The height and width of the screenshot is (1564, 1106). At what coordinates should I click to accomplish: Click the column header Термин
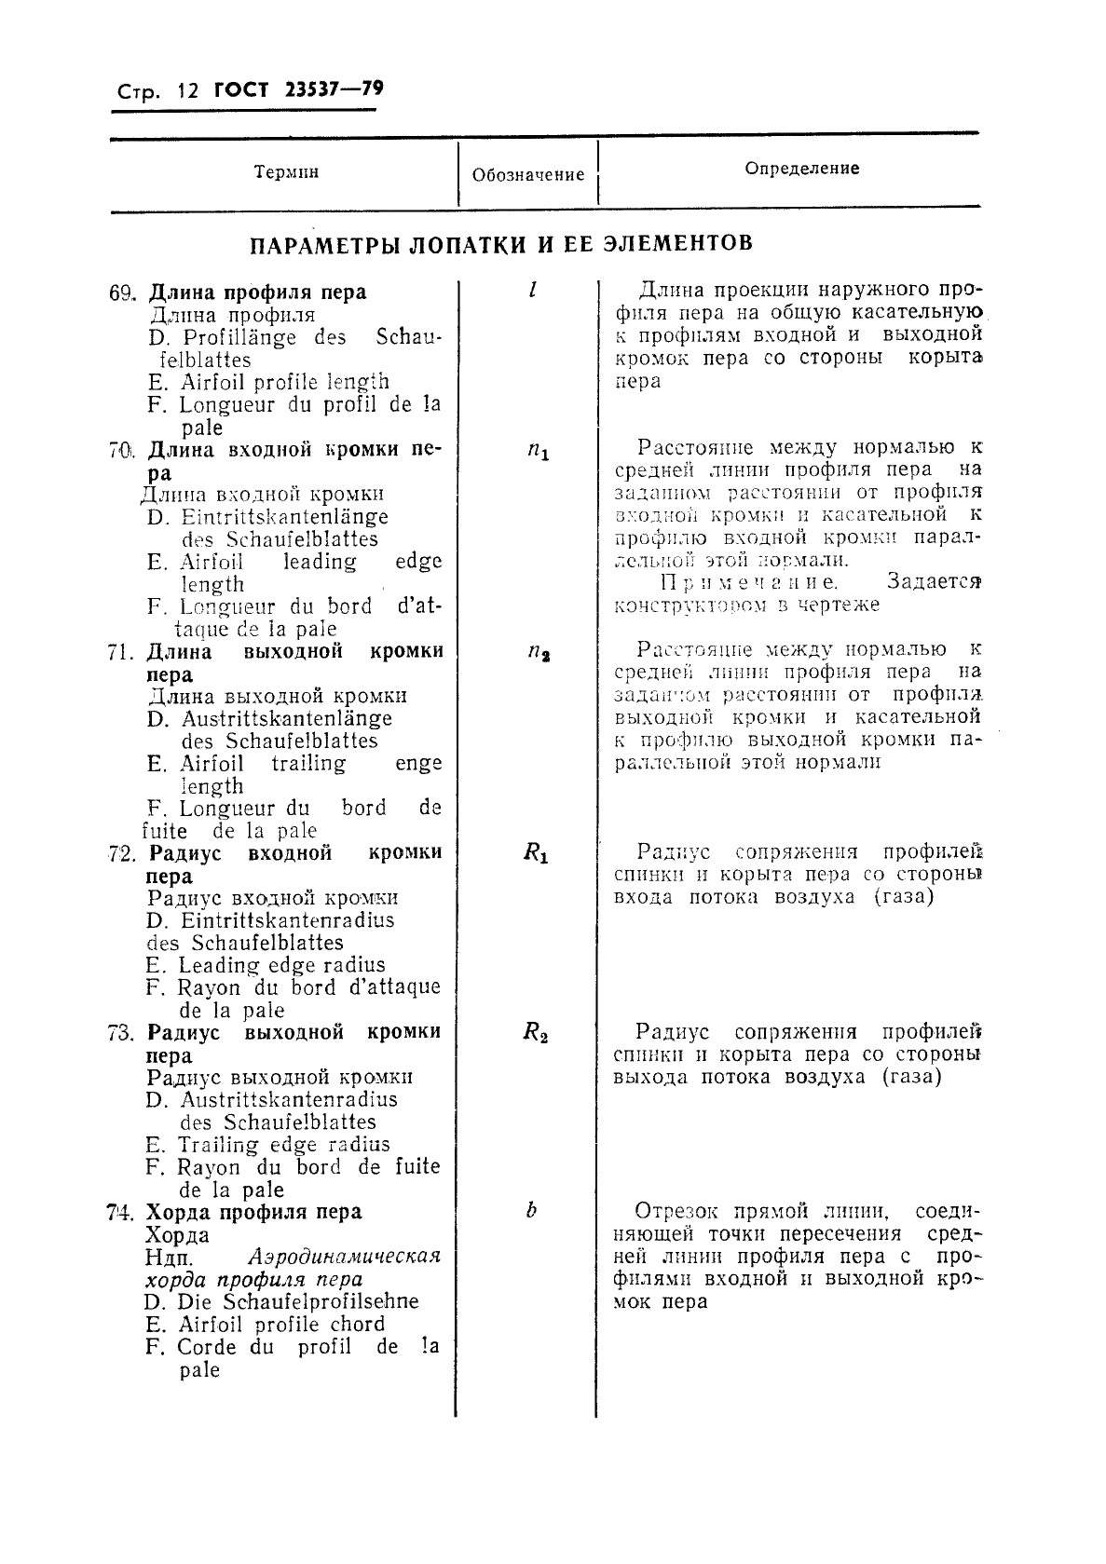point(286,172)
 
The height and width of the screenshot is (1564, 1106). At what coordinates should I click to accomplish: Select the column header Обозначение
point(528,174)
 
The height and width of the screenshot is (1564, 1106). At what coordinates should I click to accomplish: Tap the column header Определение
point(802,169)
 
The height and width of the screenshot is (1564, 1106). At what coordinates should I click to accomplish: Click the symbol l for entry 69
point(531,290)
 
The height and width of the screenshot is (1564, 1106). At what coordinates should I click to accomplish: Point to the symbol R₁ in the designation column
point(536,853)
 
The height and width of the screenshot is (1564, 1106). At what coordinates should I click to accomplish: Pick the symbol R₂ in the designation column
point(535,1032)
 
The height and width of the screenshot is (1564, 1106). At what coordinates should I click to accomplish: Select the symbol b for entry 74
point(531,1211)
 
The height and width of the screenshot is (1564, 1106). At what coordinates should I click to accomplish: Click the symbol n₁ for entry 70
point(538,452)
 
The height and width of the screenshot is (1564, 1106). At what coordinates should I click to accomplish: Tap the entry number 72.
point(123,853)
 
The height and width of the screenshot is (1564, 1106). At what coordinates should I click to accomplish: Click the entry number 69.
point(123,292)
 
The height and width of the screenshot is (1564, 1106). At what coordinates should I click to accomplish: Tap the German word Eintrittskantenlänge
point(284,517)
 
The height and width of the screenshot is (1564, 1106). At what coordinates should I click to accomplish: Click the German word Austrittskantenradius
point(288,1099)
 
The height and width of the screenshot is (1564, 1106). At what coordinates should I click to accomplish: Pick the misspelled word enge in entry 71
point(418,764)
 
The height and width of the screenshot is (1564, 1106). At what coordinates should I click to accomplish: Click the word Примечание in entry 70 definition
point(749,583)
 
